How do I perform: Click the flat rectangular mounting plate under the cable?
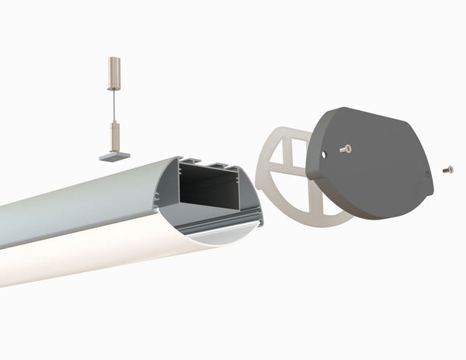115,156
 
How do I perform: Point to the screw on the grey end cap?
346,147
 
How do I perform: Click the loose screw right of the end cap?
448,168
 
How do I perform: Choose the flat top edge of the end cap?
365,111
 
